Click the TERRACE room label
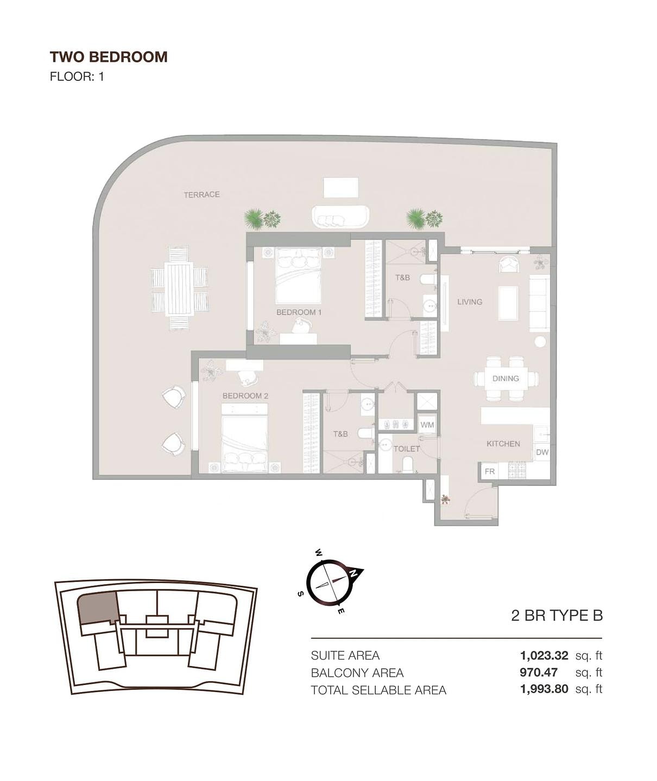pyautogui.click(x=201, y=195)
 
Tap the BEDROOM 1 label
pyautogui.click(x=299, y=312)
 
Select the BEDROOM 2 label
pyautogui.click(x=245, y=396)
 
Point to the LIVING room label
pyautogui.click(x=470, y=302)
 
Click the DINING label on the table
pyautogui.click(x=506, y=379)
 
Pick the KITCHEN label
pyautogui.click(x=503, y=444)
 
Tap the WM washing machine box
pyautogui.click(x=427, y=425)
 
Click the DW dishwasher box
pyautogui.click(x=542, y=452)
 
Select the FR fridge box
pyautogui.click(x=490, y=471)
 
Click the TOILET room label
pyautogui.click(x=406, y=449)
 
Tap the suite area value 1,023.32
pyautogui.click(x=544, y=655)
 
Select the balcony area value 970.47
pyautogui.click(x=539, y=673)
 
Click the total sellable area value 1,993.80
pyautogui.click(x=544, y=689)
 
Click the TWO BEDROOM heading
pyautogui.click(x=109, y=57)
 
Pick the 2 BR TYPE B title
pyautogui.click(x=557, y=616)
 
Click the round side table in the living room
pyautogui.click(x=540, y=342)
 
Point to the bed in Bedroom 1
pyautogui.click(x=298, y=276)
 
